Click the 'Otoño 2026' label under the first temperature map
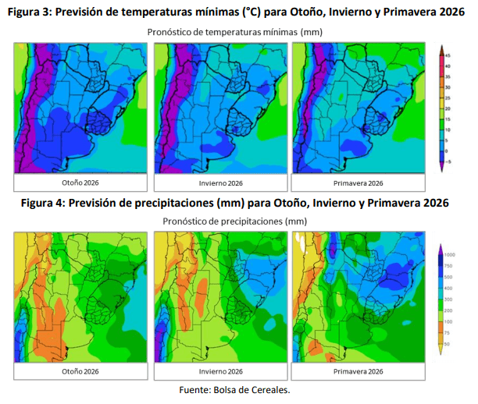pos(80,183)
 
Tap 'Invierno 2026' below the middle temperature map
pos(219,183)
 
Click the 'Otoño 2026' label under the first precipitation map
pos(80,372)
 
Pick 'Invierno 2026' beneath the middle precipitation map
pos(219,372)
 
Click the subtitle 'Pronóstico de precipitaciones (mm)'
pos(235,221)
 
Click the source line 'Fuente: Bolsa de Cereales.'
pos(235,390)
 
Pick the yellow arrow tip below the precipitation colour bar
pos(442,352)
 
